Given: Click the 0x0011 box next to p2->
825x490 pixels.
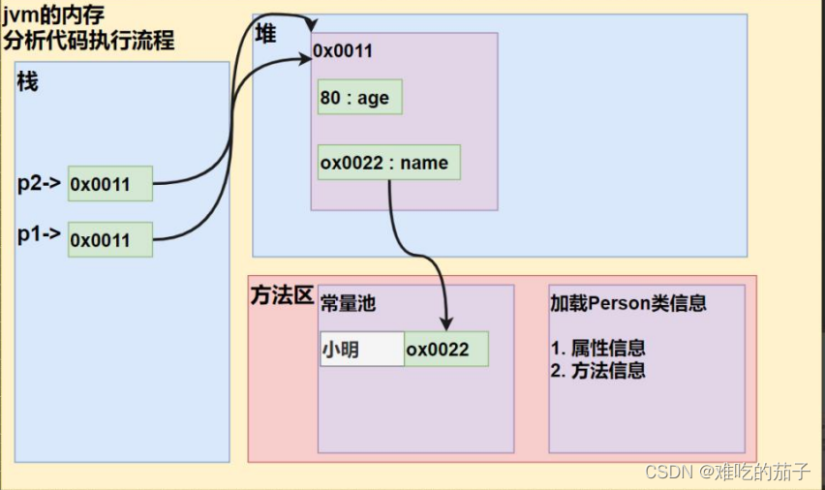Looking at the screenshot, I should [110, 184].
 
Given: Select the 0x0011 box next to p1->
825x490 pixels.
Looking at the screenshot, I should [110, 239].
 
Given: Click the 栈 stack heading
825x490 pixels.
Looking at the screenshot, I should [27, 82].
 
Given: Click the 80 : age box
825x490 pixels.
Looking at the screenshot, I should [359, 98].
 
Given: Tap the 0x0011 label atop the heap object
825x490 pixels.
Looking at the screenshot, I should [343, 50].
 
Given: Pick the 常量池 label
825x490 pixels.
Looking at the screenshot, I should [348, 303].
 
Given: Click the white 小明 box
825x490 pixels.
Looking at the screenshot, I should [361, 349].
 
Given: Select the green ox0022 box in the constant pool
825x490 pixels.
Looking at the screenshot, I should [446, 349].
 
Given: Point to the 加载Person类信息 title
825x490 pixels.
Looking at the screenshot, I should [627, 303].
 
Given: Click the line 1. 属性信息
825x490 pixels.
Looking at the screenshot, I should [598, 349].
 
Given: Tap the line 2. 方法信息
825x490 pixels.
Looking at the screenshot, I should [598, 370].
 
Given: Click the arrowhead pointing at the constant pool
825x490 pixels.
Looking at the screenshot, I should [446, 323].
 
